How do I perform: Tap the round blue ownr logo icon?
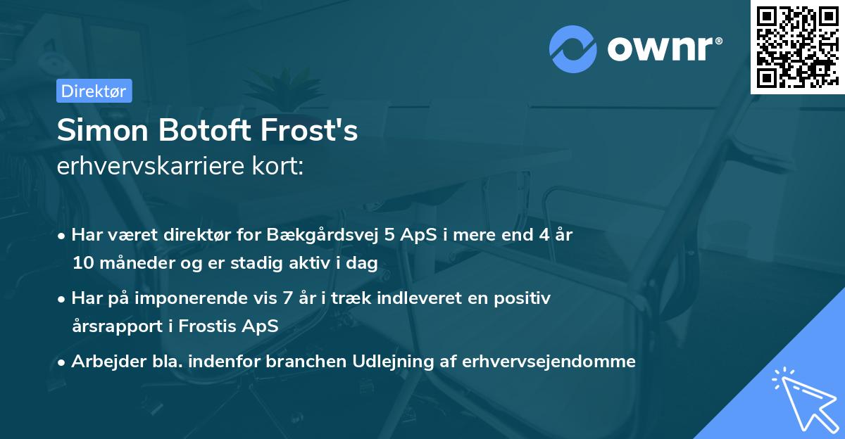pyautogui.click(x=573, y=49)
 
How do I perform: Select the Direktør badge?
pyautogui.click(x=94, y=91)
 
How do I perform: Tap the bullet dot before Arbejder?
pyautogui.click(x=63, y=362)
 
